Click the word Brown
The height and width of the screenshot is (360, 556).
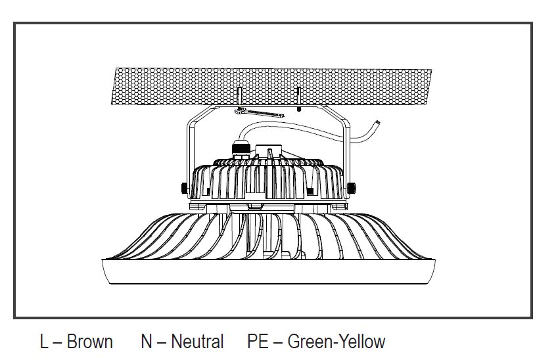click(89, 342)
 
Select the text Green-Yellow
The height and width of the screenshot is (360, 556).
click(336, 342)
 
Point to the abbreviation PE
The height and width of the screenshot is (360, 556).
click(258, 342)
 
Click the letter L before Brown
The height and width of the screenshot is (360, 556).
click(44, 342)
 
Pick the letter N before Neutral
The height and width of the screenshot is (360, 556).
click(147, 342)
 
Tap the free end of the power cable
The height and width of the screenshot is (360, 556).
click(378, 122)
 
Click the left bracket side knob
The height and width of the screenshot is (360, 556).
click(183, 187)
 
